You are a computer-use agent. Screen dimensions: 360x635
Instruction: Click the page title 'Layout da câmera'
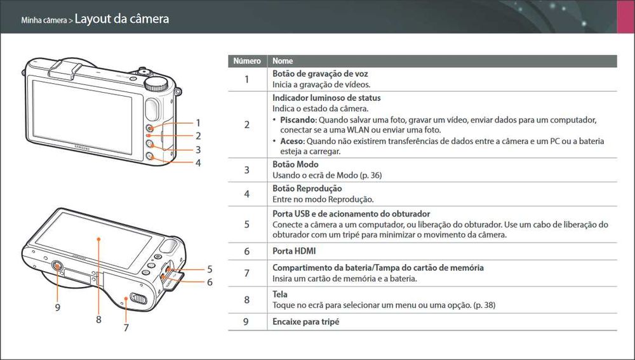point(122,19)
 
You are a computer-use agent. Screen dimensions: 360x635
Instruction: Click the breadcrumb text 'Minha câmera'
point(44,20)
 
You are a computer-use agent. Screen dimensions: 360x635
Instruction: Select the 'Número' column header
point(247,62)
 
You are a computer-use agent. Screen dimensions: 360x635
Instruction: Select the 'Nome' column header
point(283,62)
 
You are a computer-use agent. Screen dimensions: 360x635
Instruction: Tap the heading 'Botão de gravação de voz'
point(320,74)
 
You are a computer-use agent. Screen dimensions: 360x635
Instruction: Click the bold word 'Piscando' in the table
point(298,119)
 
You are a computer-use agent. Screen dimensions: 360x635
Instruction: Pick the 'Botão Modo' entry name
point(295,164)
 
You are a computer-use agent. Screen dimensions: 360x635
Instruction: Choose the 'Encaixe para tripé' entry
point(306,322)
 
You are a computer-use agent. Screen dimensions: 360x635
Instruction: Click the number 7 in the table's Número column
point(246,273)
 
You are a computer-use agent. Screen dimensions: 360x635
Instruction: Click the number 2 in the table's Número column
point(246,124)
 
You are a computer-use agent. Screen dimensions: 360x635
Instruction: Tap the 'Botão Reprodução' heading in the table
point(307,189)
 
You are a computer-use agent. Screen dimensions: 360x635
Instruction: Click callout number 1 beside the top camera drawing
point(198,123)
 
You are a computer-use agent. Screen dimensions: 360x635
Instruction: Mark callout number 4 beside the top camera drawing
point(198,163)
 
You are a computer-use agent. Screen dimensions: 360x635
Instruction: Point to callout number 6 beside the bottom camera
point(210,282)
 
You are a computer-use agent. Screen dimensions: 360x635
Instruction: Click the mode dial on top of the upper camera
point(156,83)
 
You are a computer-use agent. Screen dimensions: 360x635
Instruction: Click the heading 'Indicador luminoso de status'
point(326,98)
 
